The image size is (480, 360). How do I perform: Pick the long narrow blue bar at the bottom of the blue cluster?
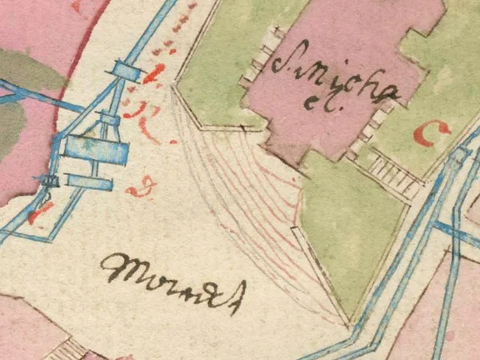[x=92, y=180]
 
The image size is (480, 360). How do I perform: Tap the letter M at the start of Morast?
[x=117, y=267]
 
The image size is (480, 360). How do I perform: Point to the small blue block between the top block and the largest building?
[x=109, y=122]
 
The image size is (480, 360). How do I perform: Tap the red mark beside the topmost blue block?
[x=151, y=79]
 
